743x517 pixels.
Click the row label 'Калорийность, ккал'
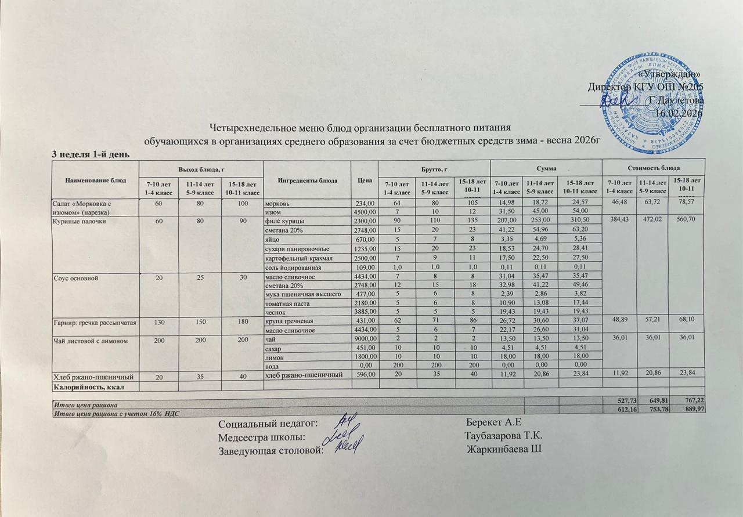point(87,386)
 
